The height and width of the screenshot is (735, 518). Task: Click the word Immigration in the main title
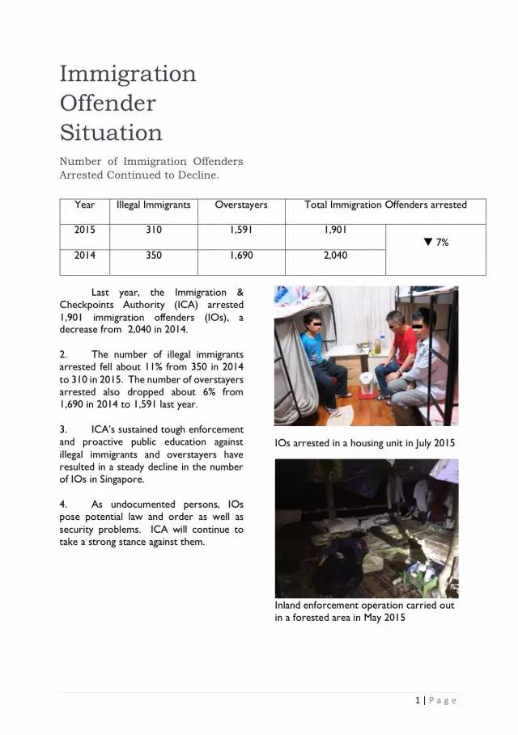(128, 74)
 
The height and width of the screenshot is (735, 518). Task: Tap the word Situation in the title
(111, 133)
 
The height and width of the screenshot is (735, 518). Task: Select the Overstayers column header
(241, 205)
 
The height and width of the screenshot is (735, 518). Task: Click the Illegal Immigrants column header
(154, 205)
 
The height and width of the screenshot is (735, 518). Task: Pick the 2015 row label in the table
(85, 230)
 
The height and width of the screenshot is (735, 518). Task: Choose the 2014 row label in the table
(85, 256)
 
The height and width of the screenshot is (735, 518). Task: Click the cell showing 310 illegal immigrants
(154, 230)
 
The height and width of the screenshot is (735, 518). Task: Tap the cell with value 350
(154, 256)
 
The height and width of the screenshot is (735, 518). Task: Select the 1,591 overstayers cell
(241, 230)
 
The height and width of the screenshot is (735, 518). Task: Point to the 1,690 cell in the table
(241, 256)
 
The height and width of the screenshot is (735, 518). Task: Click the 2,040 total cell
(335, 256)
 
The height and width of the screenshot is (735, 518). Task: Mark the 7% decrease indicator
(436, 243)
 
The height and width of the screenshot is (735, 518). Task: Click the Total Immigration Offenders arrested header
(385, 205)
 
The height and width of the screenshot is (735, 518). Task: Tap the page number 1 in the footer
(416, 700)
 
